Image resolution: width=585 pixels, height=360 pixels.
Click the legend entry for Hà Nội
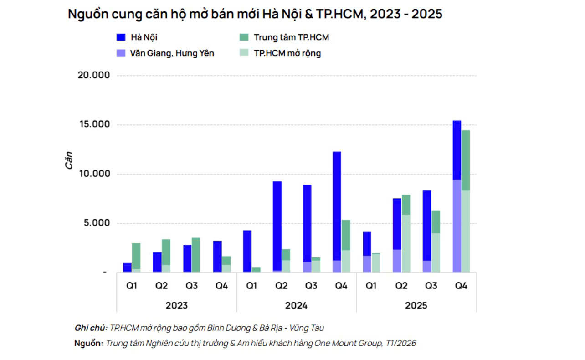click(x=144, y=37)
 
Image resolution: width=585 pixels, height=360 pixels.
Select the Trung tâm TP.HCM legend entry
click(x=291, y=37)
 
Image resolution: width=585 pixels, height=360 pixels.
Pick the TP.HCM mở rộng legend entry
click(x=287, y=53)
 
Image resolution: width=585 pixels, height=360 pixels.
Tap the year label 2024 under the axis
click(x=296, y=305)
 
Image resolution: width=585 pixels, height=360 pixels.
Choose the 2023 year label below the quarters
click(x=176, y=305)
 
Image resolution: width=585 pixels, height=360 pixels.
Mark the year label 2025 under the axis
click(x=416, y=305)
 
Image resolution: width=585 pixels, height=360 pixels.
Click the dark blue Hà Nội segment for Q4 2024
click(x=337, y=205)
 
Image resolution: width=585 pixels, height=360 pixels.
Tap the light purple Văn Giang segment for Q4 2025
click(x=457, y=226)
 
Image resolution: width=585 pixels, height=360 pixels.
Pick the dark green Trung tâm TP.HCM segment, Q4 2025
click(x=466, y=159)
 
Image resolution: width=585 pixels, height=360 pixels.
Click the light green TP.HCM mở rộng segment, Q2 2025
click(x=405, y=243)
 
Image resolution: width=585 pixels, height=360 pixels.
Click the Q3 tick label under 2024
click(x=311, y=286)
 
